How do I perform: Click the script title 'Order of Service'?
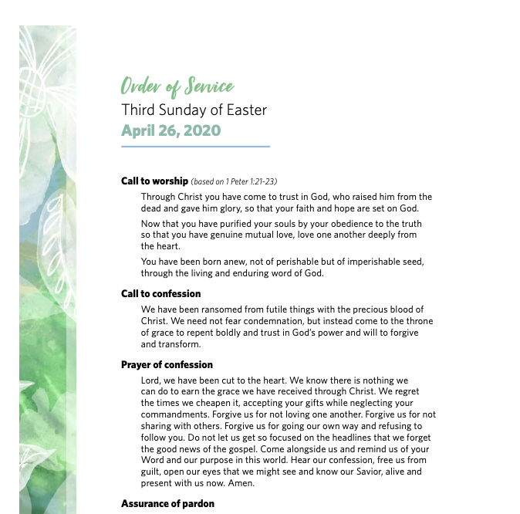tap(177, 86)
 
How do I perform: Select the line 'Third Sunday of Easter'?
tap(194, 110)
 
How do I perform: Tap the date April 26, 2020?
tap(171, 130)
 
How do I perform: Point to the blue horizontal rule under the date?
tap(196, 146)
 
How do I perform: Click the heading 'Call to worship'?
tap(154, 181)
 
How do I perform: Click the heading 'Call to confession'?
tap(160, 294)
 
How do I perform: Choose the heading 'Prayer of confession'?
tap(167, 365)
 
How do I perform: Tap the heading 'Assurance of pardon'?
tap(167, 504)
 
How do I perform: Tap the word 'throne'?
tap(419, 321)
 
